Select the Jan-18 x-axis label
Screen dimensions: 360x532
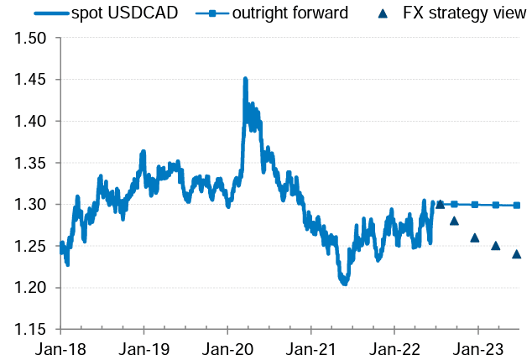tap(60, 347)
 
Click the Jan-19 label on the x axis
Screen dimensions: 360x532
tap(143, 347)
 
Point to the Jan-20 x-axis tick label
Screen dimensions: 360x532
tap(227, 347)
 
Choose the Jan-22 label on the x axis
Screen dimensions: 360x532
tap(394, 347)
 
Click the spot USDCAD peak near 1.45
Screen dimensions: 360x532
tap(245, 80)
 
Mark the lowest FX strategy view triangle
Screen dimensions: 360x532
tap(516, 254)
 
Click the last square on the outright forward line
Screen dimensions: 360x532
tap(516, 205)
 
